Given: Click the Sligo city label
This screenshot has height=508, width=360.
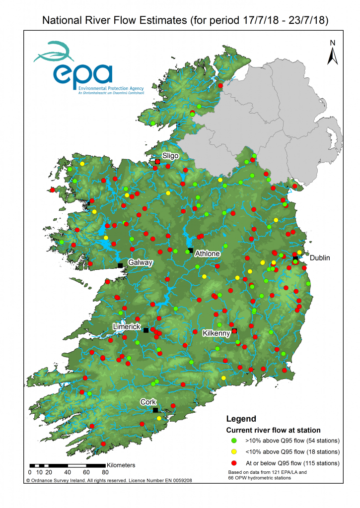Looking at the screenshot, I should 170,156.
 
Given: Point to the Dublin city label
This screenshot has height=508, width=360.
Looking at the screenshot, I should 320,258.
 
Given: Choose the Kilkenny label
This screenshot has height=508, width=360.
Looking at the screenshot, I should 216,334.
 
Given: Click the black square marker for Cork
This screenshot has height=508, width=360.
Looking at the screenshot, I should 155,410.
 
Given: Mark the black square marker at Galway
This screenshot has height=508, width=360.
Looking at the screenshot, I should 120,266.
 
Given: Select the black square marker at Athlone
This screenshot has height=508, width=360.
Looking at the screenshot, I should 191,250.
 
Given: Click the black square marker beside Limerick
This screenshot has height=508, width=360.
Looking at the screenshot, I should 146,330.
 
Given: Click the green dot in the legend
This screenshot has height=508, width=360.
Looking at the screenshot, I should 233,441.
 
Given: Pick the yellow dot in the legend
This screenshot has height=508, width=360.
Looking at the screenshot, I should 233,452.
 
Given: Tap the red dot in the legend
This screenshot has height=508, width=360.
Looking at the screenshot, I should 233,463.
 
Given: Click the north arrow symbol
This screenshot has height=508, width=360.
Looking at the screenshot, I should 333,53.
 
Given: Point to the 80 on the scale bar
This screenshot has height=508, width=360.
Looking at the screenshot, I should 105,472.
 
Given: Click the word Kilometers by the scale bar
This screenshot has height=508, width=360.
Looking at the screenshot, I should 121,465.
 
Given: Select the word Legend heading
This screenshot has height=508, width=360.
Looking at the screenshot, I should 241,419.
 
